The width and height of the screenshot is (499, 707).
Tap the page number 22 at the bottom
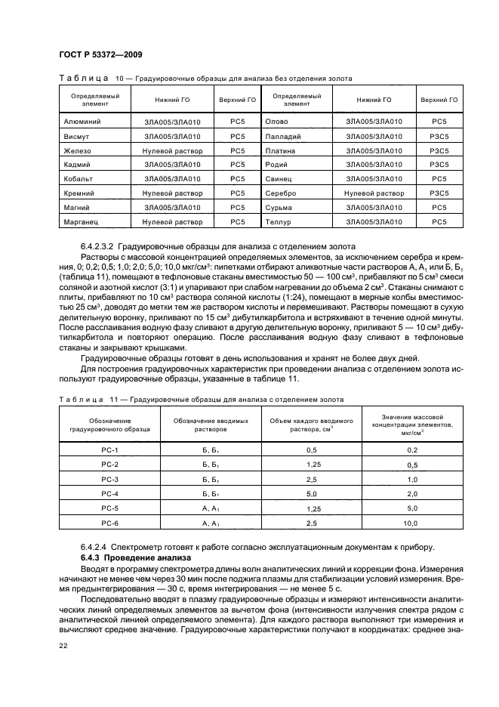63,645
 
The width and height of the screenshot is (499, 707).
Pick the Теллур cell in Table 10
279,222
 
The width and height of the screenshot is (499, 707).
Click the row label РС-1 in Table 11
110,450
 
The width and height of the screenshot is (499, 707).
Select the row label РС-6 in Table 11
110,523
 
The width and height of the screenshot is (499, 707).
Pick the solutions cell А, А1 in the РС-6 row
210,523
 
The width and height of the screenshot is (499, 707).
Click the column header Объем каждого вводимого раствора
311,424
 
